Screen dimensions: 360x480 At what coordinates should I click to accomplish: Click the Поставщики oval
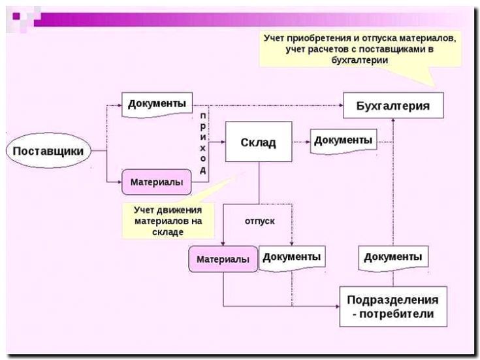(48, 152)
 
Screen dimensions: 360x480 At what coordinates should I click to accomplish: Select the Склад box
(258, 142)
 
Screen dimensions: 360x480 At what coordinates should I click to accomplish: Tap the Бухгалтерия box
(393, 106)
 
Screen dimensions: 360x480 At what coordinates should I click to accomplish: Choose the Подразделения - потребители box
(392, 307)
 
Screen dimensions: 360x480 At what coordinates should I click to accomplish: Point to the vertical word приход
(203, 142)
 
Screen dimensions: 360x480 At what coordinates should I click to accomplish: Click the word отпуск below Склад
(259, 221)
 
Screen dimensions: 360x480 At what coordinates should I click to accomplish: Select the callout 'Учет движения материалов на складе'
(168, 220)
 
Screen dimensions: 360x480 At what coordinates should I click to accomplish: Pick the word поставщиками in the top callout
(391, 50)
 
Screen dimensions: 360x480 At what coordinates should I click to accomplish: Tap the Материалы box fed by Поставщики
(156, 182)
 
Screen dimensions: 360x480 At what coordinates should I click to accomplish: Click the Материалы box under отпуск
(223, 259)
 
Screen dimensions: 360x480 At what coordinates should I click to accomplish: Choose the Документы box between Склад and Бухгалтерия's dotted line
(344, 140)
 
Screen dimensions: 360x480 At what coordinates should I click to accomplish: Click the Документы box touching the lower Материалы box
(292, 257)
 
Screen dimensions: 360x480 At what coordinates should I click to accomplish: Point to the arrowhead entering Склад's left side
(222, 142)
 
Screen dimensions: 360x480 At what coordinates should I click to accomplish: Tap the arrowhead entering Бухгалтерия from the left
(340, 105)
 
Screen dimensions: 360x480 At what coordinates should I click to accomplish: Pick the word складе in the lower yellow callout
(168, 232)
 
